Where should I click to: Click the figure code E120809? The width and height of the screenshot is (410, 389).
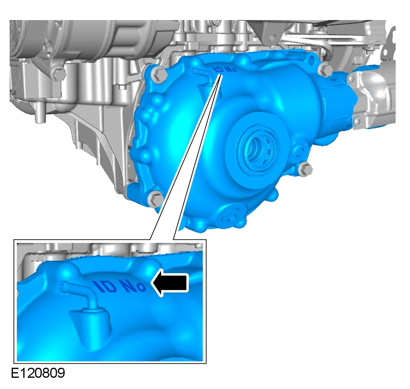click(x=38, y=373)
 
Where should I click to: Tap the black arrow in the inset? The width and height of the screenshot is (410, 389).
click(x=170, y=282)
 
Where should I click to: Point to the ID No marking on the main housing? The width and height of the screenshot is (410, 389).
click(x=225, y=69)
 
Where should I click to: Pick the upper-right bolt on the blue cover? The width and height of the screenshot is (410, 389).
click(x=325, y=70)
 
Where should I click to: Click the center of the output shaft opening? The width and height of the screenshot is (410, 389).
click(x=257, y=149)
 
